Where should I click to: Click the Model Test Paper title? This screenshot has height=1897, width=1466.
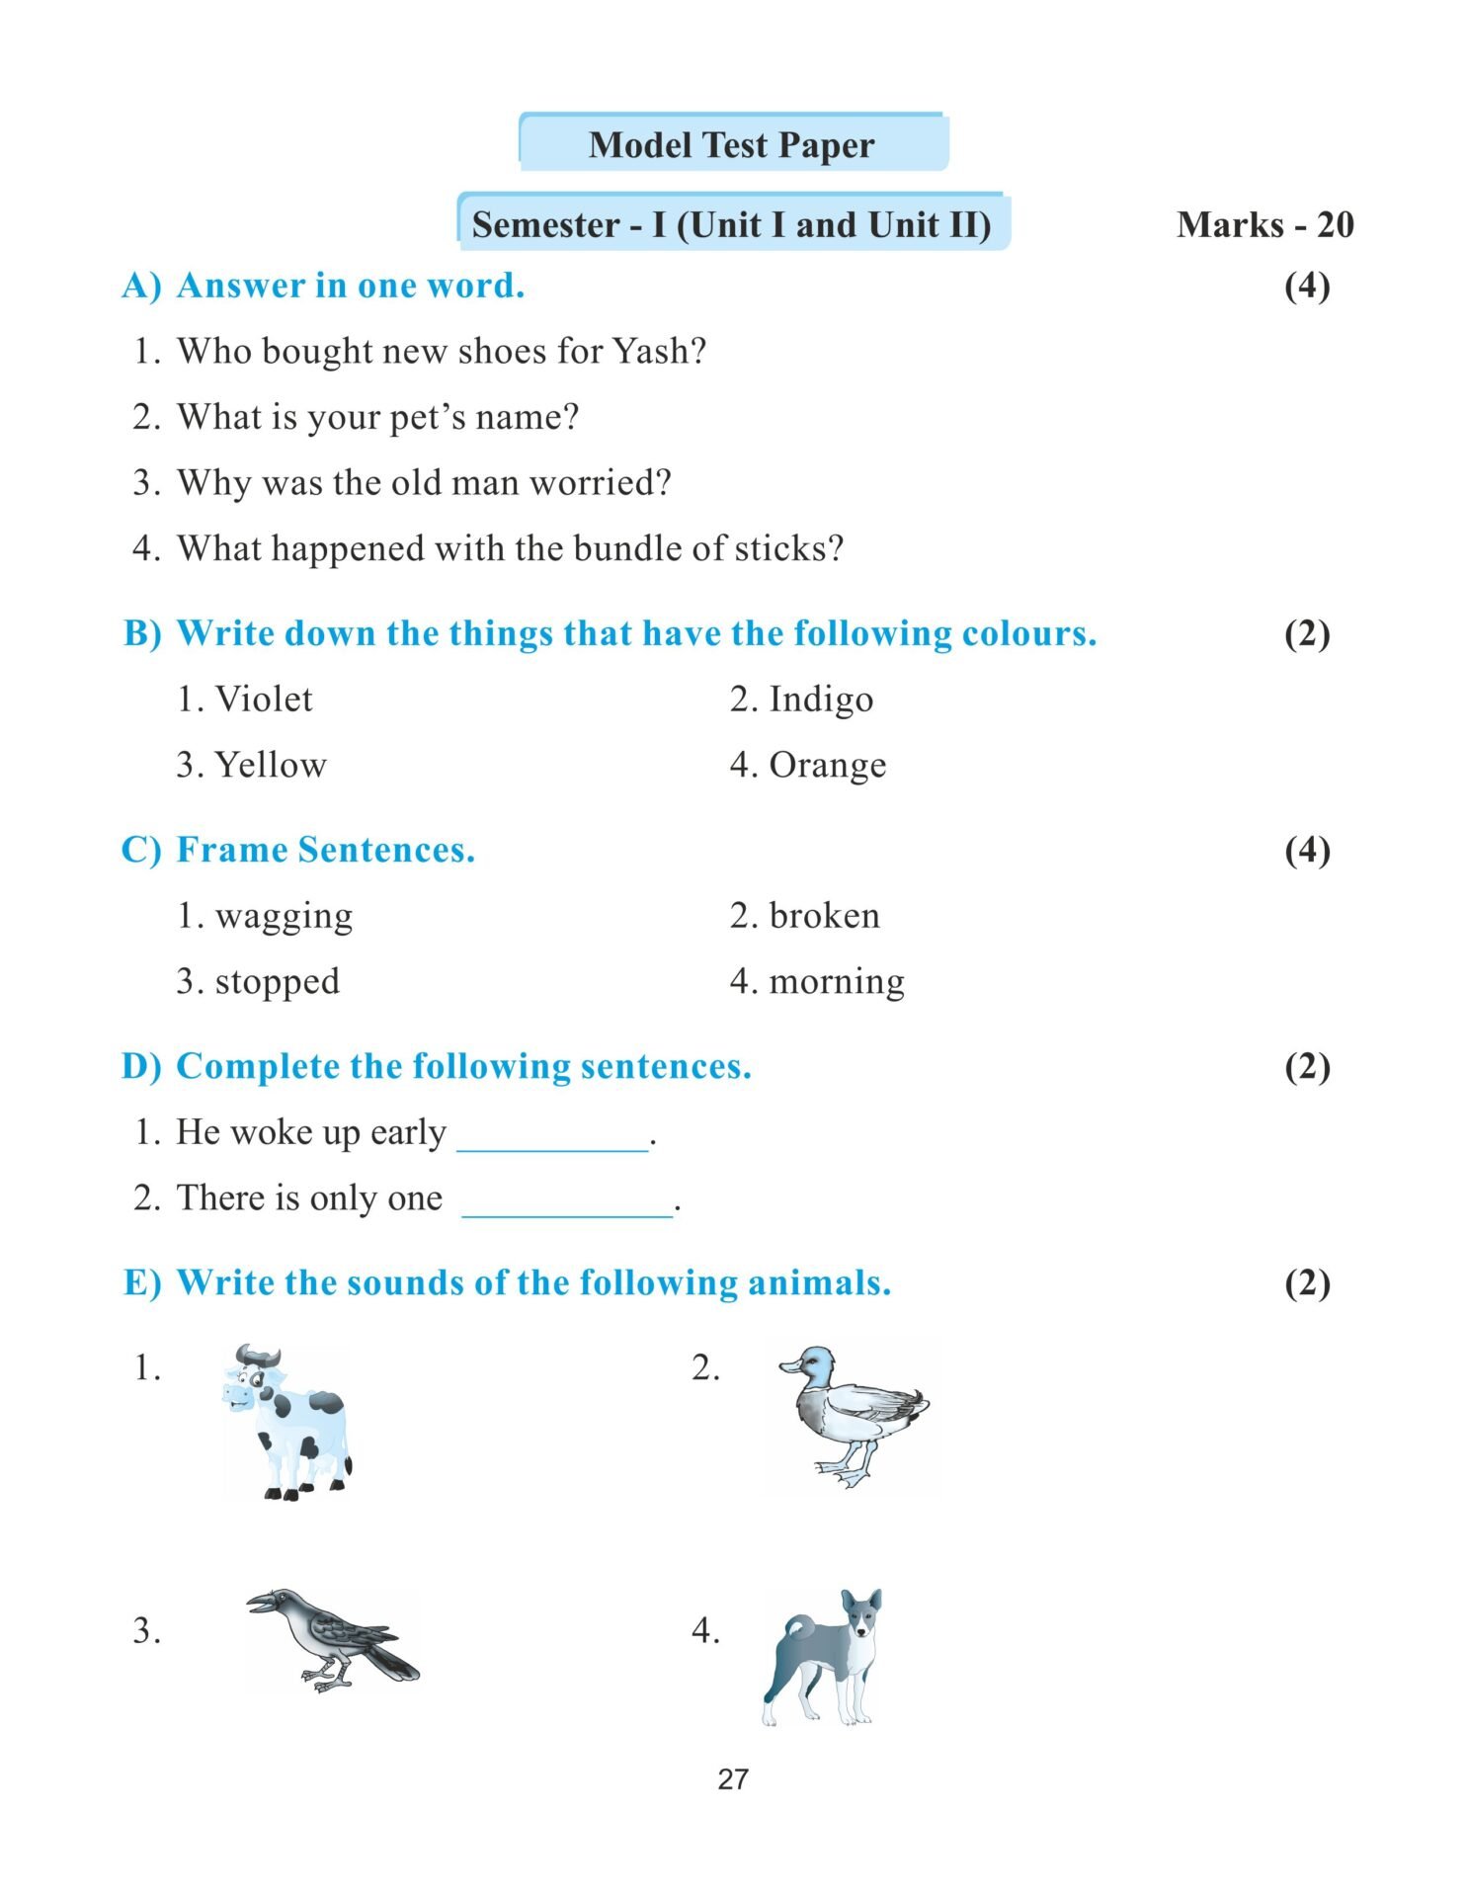point(731,145)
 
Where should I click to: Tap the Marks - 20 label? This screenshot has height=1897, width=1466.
point(1264,225)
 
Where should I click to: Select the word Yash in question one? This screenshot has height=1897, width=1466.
point(654,351)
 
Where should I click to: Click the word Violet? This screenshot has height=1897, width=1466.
point(264,700)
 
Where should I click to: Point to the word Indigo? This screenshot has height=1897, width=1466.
point(821,700)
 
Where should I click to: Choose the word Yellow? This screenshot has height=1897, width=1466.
point(271,765)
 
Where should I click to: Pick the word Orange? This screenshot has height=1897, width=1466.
point(828,765)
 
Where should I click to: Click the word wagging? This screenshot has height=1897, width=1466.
point(284,916)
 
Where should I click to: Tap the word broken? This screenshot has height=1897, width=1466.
point(824,916)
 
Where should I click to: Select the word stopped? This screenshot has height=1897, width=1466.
point(278,982)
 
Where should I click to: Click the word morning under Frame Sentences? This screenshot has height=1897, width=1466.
point(837,982)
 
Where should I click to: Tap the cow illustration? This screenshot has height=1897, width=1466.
point(287,1422)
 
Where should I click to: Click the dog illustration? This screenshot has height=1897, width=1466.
point(823,1657)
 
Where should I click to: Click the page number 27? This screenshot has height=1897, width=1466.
point(733,1779)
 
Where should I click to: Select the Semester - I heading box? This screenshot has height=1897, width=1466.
point(732,224)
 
